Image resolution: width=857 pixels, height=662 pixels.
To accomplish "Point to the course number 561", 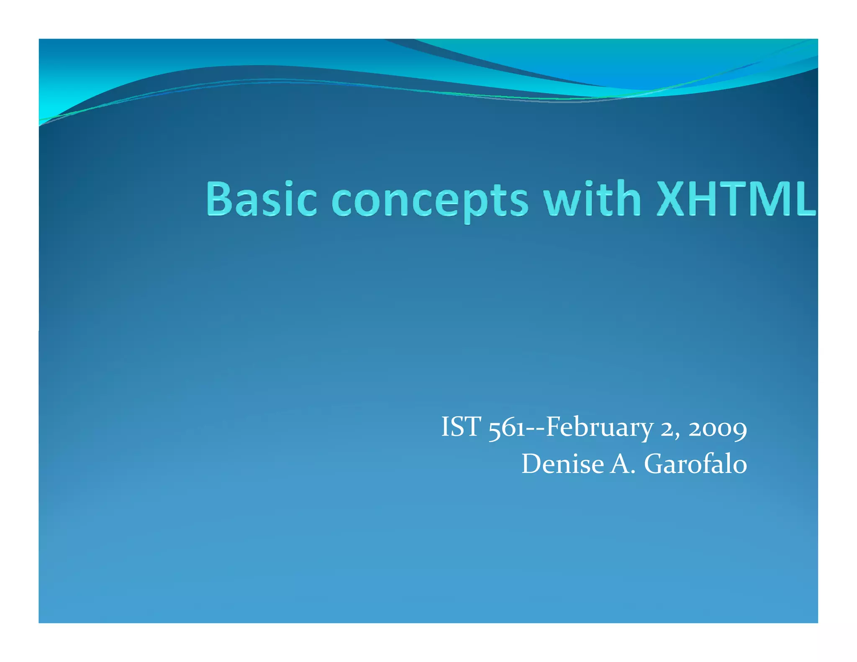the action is [507, 428].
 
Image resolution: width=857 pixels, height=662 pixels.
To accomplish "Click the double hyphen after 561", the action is [536, 429].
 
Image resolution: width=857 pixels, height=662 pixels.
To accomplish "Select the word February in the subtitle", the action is [599, 428].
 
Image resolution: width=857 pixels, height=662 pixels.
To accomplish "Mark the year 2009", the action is [718, 429].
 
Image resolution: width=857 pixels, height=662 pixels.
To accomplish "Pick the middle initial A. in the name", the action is [623, 464].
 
